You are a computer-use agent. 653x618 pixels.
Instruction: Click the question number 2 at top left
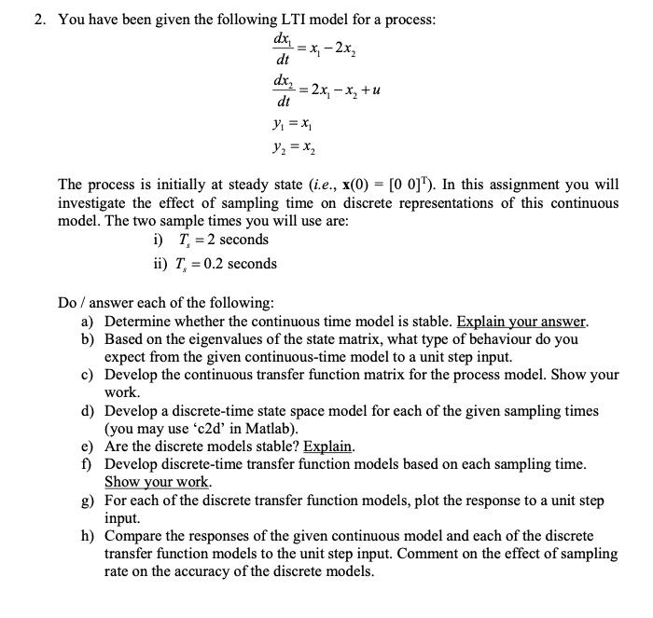click(x=39, y=19)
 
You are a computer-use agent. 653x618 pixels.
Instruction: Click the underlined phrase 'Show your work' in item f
click(x=157, y=482)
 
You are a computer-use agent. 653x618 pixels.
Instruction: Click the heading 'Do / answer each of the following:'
click(x=166, y=303)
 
